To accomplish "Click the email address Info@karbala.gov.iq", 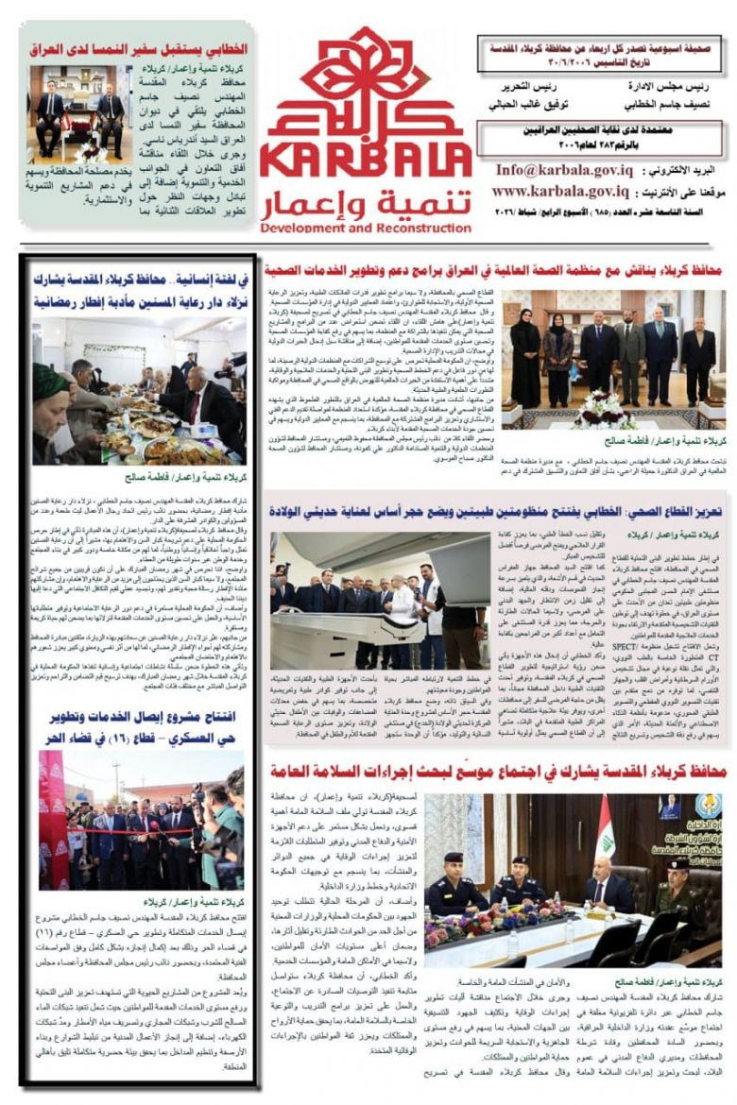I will click(x=566, y=171).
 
